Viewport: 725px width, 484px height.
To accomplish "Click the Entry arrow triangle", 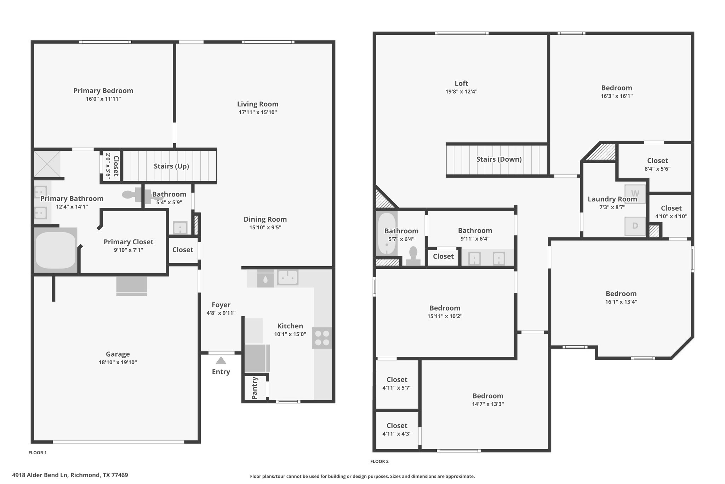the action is pos(221,360).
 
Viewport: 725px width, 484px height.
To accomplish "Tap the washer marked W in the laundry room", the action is pos(635,194).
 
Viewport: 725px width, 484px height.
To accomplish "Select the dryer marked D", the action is pos(635,226).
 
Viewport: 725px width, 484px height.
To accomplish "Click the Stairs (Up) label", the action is pos(171,166).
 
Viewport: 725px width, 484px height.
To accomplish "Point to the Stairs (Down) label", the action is pos(499,159).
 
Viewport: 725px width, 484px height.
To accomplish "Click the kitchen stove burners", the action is pos(322,338).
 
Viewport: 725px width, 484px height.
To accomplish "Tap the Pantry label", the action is pos(255,388).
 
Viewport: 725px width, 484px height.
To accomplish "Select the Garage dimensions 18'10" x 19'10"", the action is pos(118,362).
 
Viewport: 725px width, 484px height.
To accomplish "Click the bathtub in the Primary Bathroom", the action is pos(56,250).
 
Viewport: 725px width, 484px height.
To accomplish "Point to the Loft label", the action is pos(461,83).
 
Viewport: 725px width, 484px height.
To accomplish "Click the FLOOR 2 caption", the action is pos(379,461).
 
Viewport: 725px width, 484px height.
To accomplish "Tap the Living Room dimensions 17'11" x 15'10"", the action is pos(258,112).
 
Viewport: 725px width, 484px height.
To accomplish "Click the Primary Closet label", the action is pos(129,242).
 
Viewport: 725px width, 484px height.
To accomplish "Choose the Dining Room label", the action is pos(265,219).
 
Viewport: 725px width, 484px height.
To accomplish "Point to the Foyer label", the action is pos(221,305).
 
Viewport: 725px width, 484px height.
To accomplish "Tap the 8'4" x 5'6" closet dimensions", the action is pos(657,169).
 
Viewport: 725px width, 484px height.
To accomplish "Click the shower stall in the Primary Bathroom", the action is pos(47,163).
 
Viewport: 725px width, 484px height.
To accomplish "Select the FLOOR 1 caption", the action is pos(38,452).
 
